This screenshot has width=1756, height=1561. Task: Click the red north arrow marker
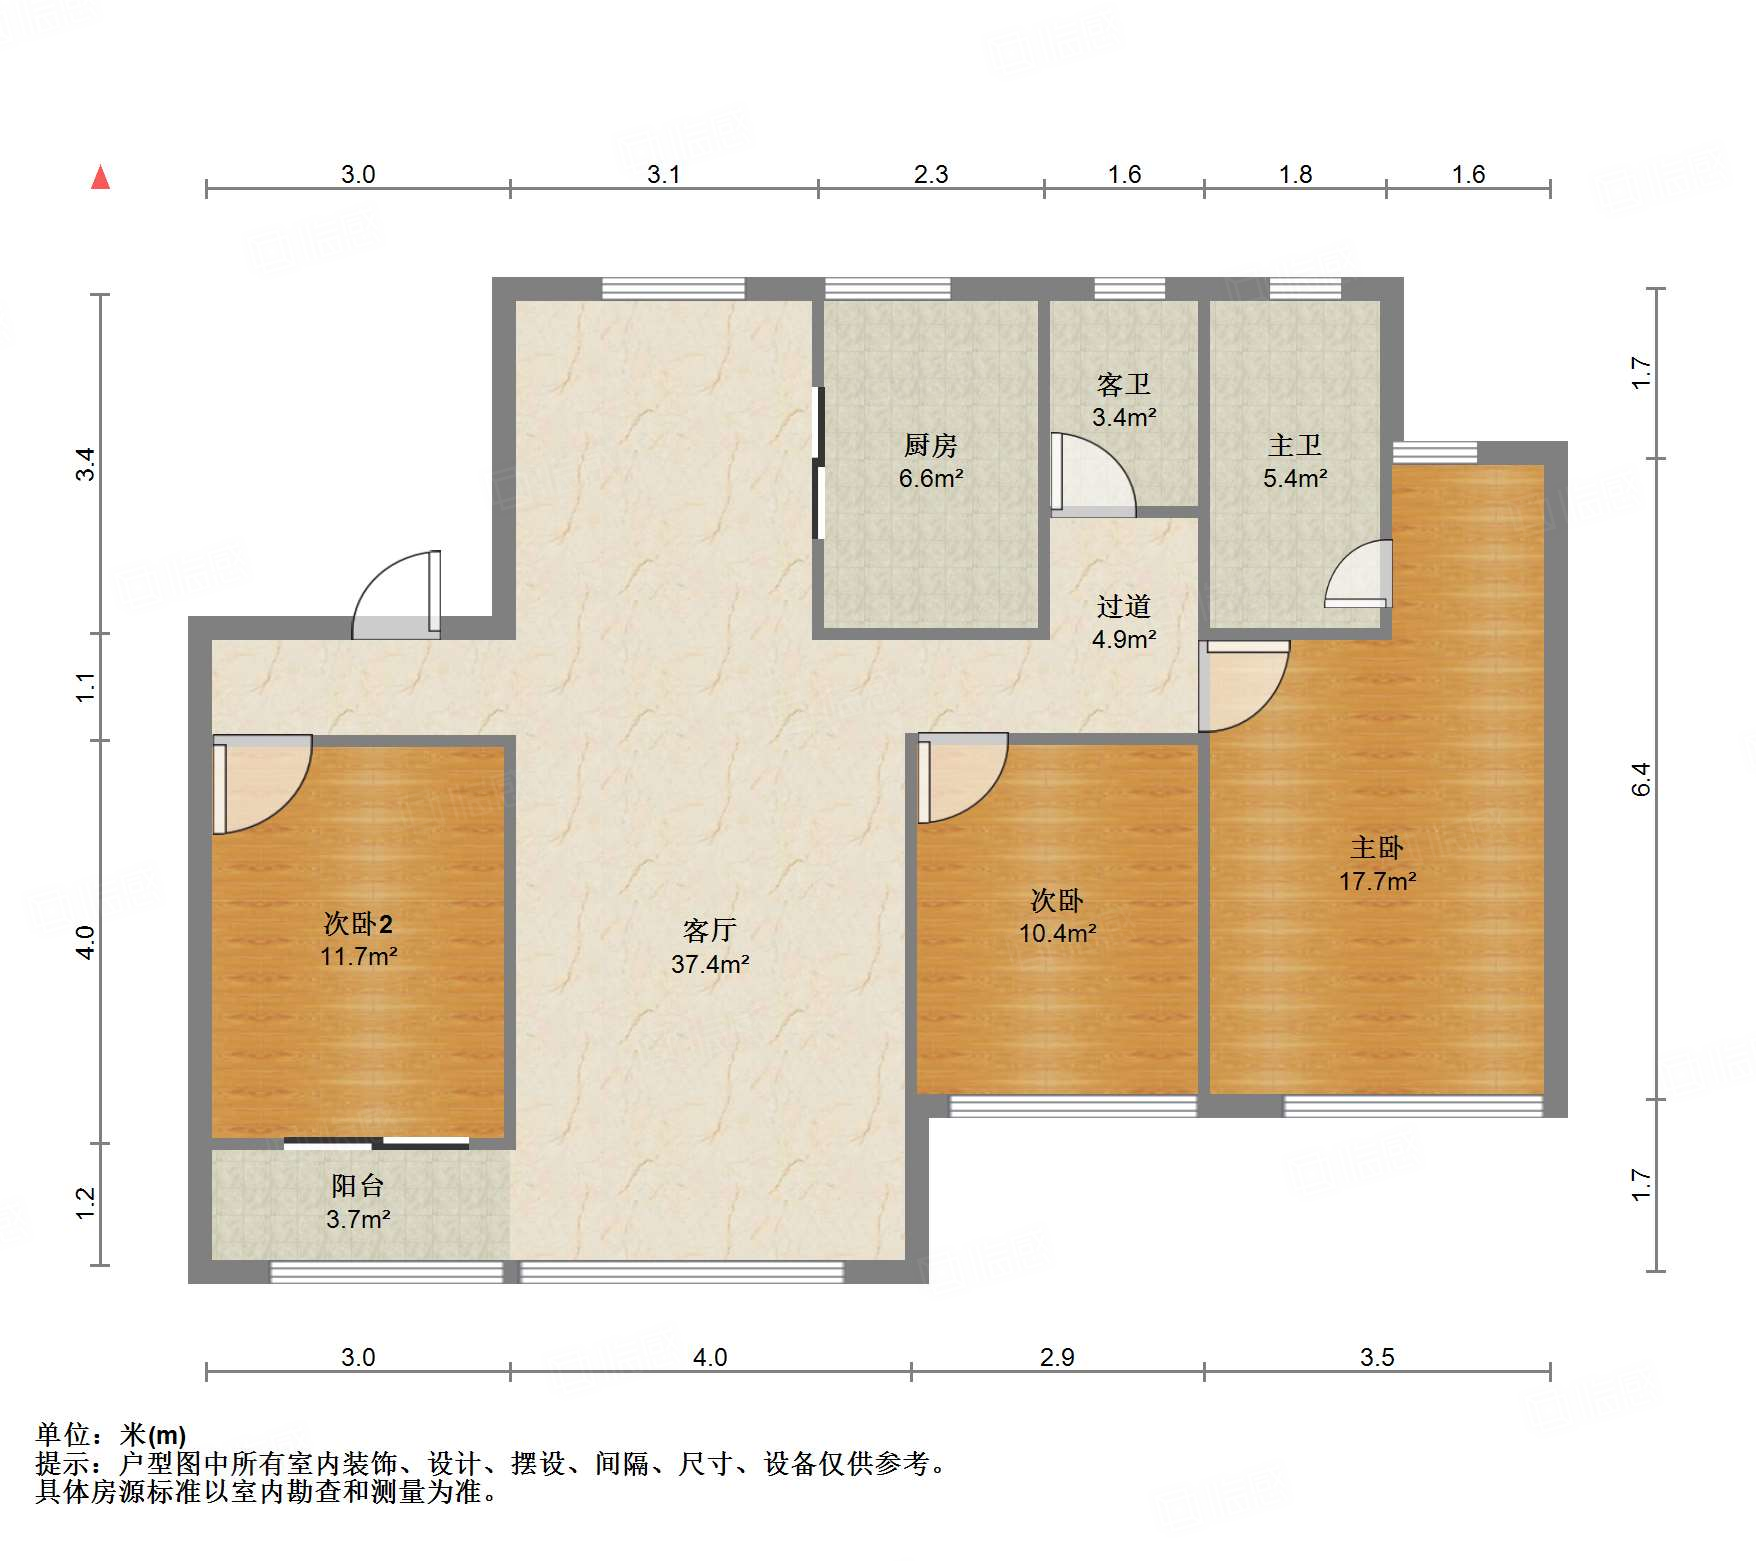point(100,178)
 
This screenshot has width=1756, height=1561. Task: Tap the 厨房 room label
point(930,445)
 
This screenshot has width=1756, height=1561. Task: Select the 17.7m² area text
point(1377,881)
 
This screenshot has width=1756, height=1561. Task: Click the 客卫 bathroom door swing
point(1090,474)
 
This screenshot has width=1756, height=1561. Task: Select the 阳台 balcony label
point(357,1186)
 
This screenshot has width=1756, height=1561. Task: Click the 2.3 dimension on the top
point(930,174)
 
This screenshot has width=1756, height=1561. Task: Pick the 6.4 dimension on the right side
point(1640,778)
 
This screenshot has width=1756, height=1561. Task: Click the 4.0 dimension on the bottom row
point(709,1357)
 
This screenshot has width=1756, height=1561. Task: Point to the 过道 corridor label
point(1123,606)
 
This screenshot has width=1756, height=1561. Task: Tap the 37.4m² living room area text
point(710,964)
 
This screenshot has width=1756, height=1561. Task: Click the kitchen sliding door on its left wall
point(818,463)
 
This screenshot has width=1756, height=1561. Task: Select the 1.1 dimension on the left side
point(86,686)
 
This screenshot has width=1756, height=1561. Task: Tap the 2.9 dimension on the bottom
point(1056,1357)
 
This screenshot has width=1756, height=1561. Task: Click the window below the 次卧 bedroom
point(1072,1106)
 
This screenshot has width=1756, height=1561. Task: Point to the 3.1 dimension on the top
point(663,174)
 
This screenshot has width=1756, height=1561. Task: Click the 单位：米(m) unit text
point(111,1435)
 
